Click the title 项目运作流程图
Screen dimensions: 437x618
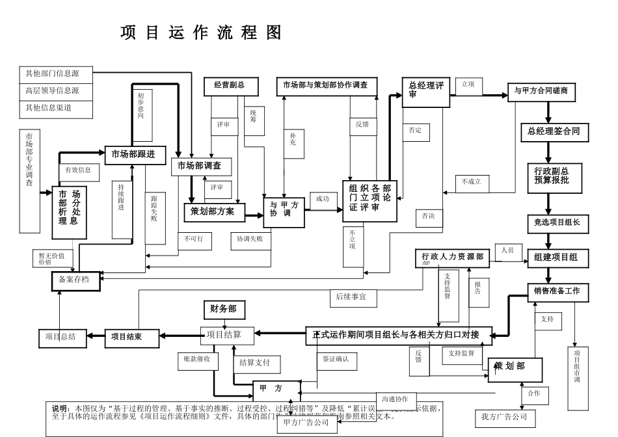[201, 33]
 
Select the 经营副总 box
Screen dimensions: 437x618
[232, 85]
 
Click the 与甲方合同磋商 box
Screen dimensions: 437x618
[541, 91]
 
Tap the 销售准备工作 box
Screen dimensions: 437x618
[557, 291]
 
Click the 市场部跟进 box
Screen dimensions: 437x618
[133, 155]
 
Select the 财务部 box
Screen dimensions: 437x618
[223, 310]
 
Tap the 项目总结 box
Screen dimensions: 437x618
[60, 337]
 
